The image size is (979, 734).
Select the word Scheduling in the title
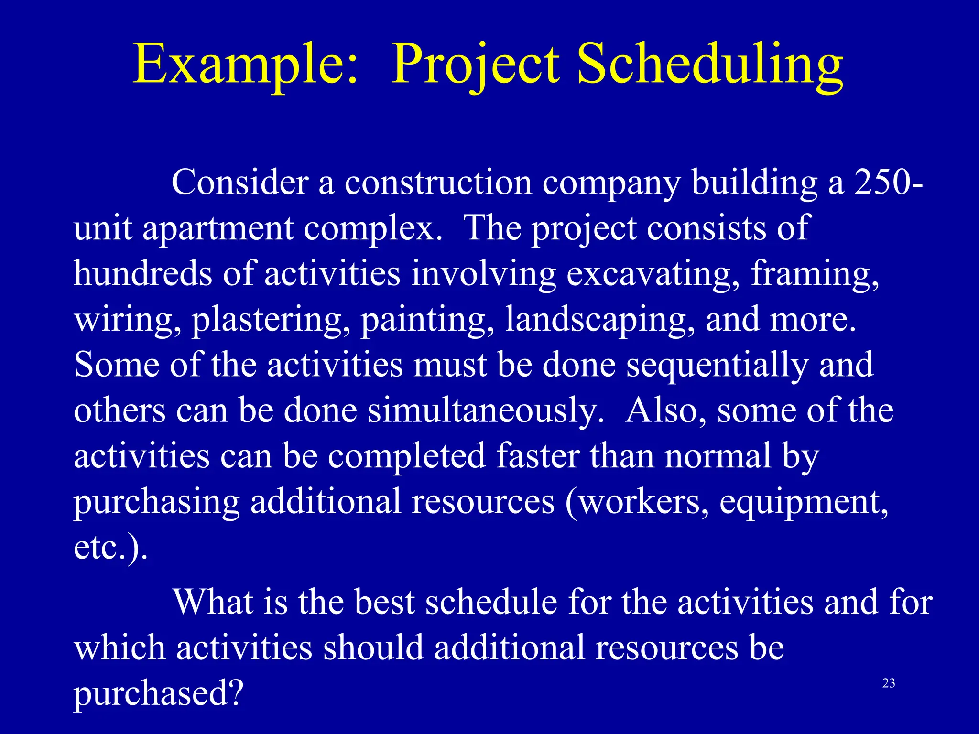coord(710,65)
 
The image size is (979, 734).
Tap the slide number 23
coord(888,683)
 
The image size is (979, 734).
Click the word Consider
coord(239,183)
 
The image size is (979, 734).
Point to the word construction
coord(438,183)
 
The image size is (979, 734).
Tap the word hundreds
coord(142,274)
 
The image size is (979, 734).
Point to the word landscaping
coord(600,320)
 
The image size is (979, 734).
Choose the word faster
coord(537,456)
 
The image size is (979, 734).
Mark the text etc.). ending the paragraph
coord(110,548)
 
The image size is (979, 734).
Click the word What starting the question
coord(212,602)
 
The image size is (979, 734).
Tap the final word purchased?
coord(158,693)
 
